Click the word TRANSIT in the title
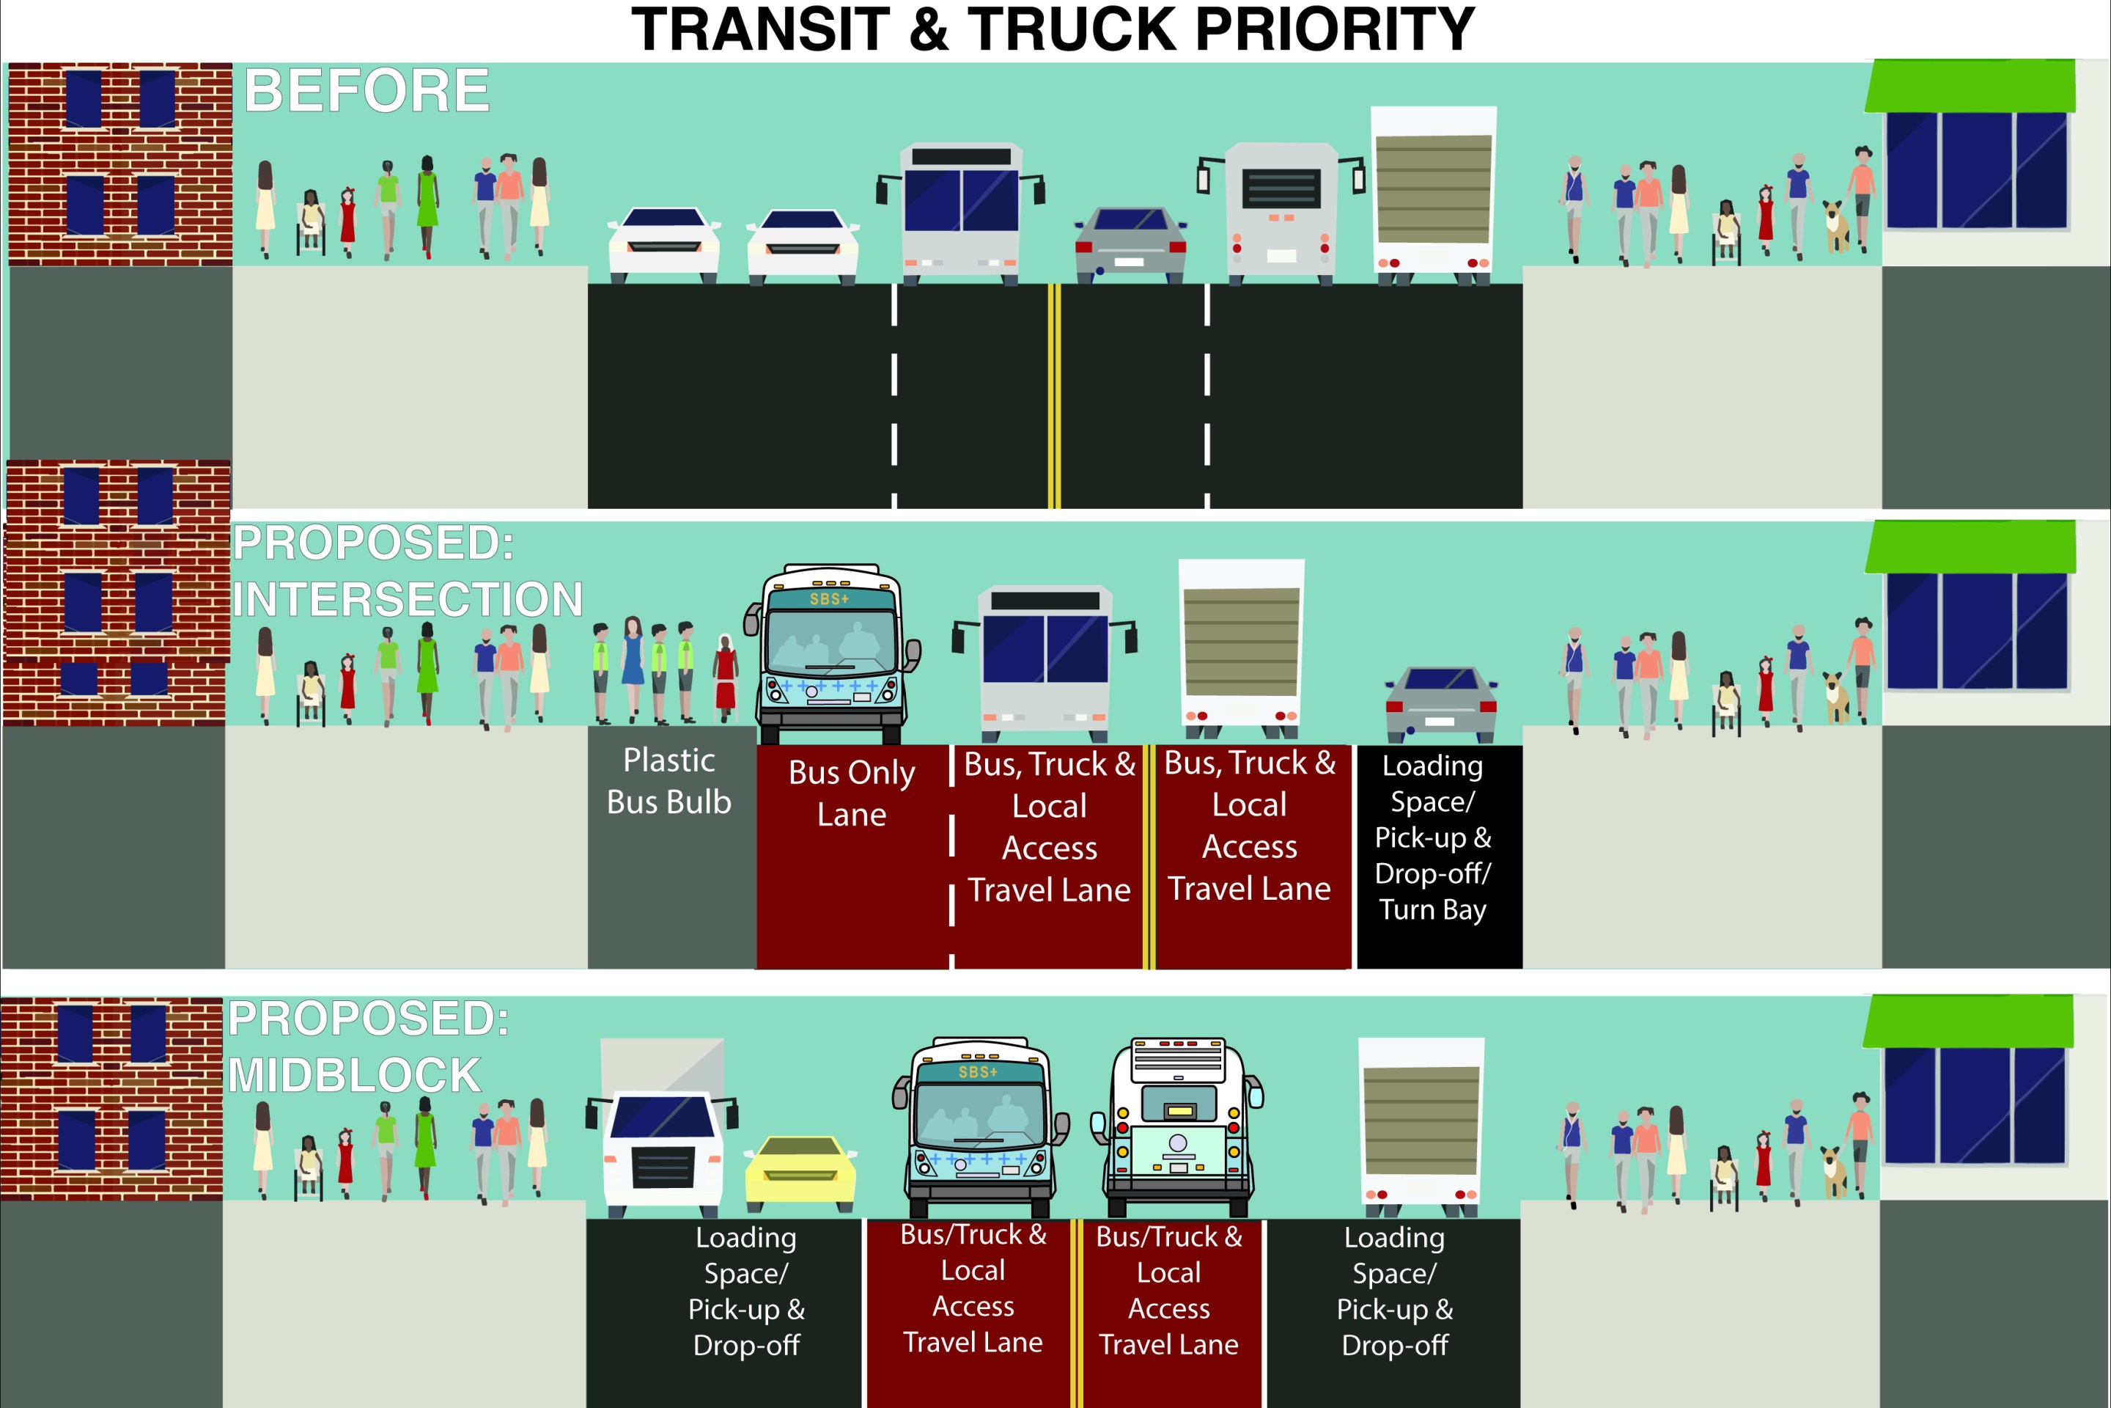tap(760, 29)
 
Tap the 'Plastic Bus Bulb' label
tap(668, 781)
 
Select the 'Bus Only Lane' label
tap(851, 793)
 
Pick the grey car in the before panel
tap(1131, 243)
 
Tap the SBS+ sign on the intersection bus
tap(828, 599)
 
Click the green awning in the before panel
tap(1970, 87)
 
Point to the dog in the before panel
tap(1836, 227)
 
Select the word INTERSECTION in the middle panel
tap(408, 599)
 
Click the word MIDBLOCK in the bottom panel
tap(355, 1075)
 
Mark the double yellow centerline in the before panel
tap(1055, 395)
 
